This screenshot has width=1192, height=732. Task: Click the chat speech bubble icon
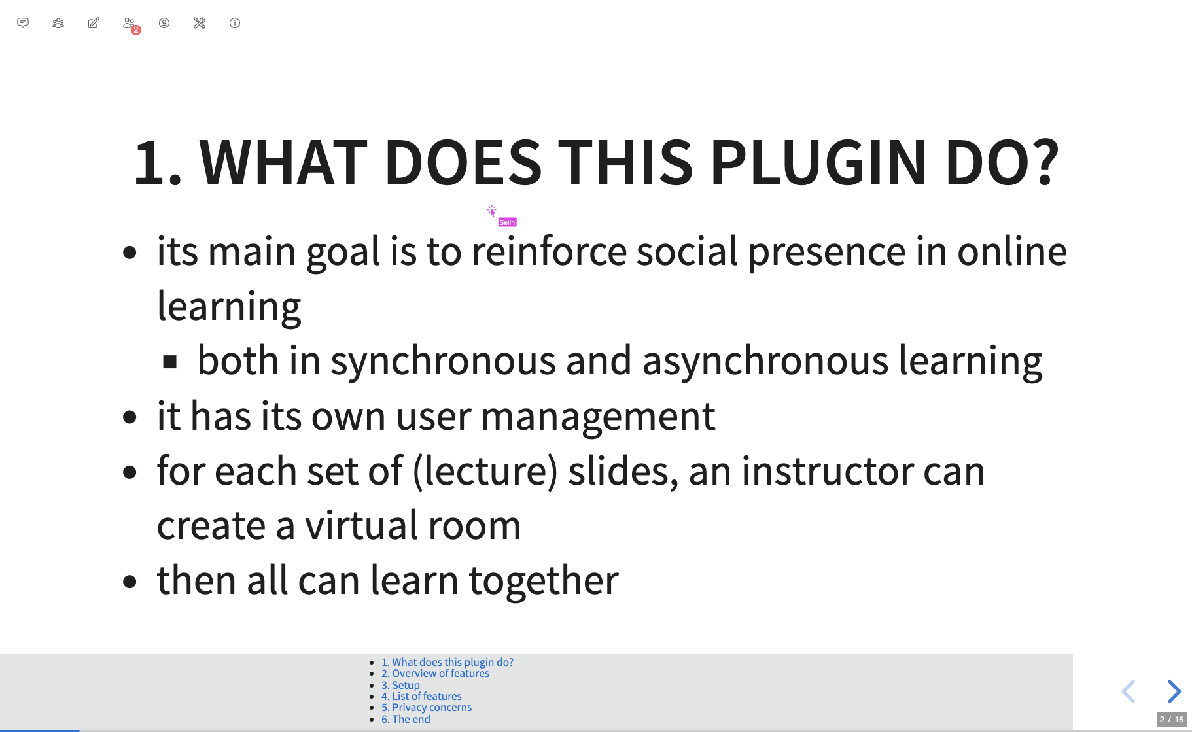(23, 23)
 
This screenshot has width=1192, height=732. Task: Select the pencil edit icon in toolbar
(94, 23)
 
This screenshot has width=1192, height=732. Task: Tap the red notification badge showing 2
(136, 30)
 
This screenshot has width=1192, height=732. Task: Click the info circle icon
(235, 23)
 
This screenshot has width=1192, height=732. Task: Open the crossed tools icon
(200, 23)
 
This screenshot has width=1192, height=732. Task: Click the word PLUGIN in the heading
(818, 162)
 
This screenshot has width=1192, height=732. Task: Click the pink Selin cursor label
(507, 222)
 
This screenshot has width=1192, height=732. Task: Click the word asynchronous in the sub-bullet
(765, 361)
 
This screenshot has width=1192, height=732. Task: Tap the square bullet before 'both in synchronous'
(170, 362)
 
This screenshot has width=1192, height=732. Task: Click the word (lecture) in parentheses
(485, 471)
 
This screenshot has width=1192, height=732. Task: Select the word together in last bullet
(544, 580)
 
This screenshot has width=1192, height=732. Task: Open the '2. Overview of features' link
(435, 674)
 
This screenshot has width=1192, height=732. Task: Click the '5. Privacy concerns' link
(427, 708)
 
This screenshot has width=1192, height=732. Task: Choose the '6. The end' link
(406, 720)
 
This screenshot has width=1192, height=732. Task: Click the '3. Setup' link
(400, 686)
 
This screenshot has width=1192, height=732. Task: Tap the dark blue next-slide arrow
(1174, 691)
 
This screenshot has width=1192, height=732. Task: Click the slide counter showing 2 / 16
(1171, 719)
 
